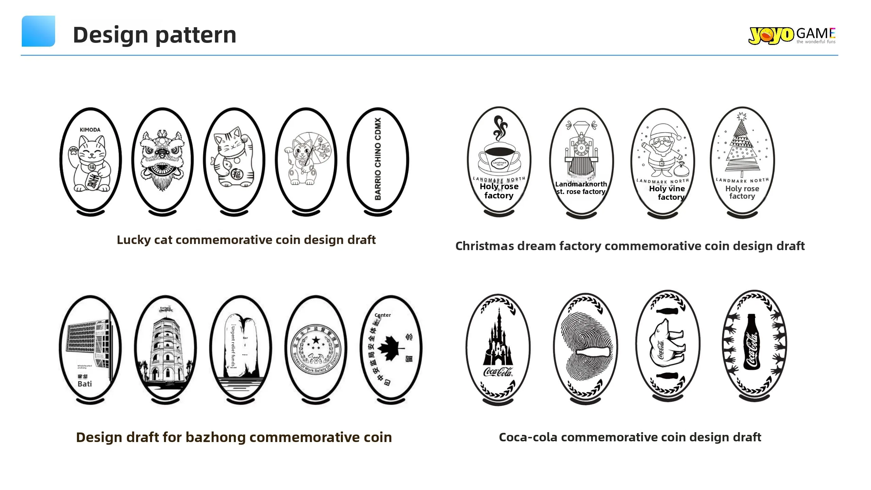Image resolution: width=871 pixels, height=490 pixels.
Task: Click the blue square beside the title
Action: tap(38, 31)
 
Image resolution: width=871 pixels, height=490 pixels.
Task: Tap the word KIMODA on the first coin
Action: tap(90, 130)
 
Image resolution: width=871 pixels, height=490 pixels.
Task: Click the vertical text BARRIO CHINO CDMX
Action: tap(378, 159)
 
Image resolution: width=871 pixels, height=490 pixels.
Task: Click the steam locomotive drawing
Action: tap(581, 150)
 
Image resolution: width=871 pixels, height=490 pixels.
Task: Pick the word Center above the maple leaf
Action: tap(382, 315)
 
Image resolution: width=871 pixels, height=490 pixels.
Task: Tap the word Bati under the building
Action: tap(85, 384)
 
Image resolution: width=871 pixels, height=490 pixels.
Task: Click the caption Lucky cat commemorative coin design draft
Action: tap(246, 240)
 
